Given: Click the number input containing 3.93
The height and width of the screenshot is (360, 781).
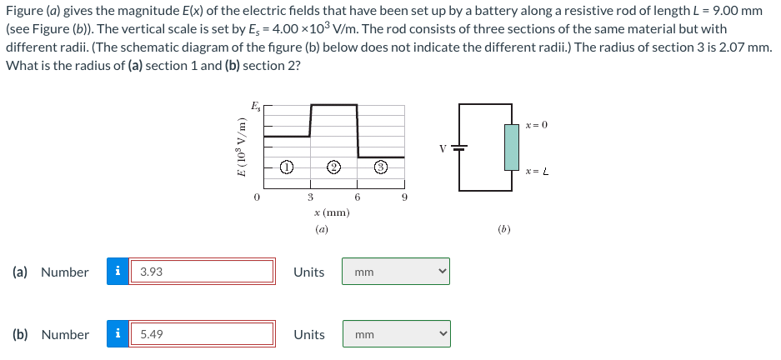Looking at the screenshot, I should coord(201,272).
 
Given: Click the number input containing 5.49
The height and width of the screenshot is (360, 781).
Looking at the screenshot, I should coord(201,334).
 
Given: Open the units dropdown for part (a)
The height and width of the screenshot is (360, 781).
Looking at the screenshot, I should coord(395,272).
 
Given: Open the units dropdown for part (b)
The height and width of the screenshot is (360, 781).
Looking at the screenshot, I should coord(395,334).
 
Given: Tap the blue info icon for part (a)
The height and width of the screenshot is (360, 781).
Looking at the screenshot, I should coord(118,272).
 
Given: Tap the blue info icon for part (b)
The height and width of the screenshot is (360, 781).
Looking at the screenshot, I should coord(118,334).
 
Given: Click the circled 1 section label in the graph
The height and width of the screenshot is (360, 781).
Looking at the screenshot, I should coord(285,167).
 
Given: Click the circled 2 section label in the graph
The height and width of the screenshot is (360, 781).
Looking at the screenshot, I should coord(333,167).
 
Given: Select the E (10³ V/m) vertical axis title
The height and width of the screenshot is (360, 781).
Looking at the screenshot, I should coord(242,146).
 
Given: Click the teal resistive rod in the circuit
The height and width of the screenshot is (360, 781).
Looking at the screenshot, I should coord(513,146).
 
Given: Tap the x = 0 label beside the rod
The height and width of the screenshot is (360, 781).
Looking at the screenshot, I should coord(536,125).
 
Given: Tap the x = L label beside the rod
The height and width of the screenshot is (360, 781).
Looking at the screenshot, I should coord(536,172).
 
